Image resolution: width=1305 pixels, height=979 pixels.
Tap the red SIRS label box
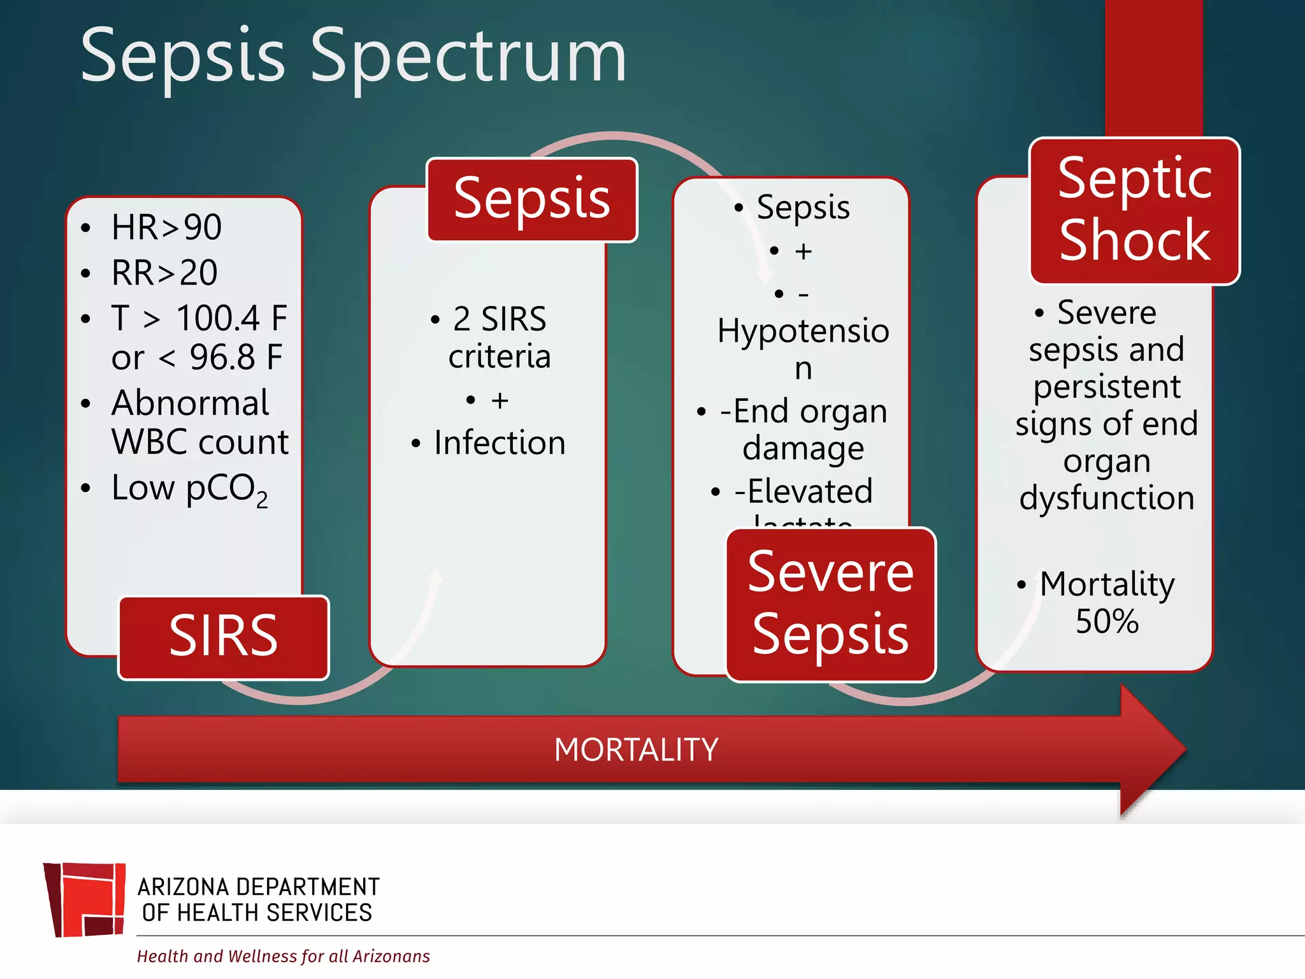click(x=223, y=637)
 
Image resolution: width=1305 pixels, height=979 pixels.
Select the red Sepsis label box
click(x=531, y=199)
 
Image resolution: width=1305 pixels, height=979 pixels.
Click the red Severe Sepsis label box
click(x=830, y=604)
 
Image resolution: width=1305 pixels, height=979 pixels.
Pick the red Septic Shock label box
click(x=1134, y=210)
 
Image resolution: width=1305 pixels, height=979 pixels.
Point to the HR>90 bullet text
click(x=166, y=227)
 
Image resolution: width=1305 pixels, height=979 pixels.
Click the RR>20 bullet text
click(x=164, y=273)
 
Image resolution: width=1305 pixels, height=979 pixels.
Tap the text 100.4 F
click(x=231, y=318)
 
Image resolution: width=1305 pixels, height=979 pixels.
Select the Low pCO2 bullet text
click(x=189, y=489)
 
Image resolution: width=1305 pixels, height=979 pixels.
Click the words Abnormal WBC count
click(x=199, y=422)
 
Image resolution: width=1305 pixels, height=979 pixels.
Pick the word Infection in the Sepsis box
click(x=500, y=443)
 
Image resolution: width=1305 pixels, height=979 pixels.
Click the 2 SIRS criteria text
click(x=499, y=337)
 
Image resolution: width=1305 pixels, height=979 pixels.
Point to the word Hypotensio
click(x=803, y=331)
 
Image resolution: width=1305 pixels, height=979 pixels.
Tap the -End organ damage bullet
click(x=803, y=429)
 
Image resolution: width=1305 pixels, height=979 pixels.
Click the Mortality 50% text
click(x=1107, y=602)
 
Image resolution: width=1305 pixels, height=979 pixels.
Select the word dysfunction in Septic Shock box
click(x=1107, y=498)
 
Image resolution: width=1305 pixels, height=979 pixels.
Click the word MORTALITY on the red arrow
click(x=636, y=750)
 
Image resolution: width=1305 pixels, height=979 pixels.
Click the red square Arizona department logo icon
click(x=85, y=899)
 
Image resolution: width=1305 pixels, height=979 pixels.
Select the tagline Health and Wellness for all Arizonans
click(x=283, y=956)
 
